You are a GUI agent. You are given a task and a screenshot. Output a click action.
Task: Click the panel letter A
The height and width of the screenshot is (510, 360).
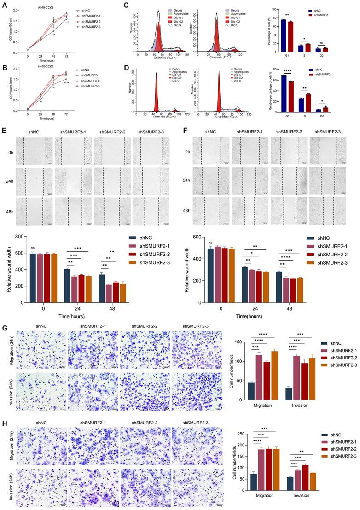(5, 6)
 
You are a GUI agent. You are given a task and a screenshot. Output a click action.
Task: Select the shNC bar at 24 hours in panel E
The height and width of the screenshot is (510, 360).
(67, 286)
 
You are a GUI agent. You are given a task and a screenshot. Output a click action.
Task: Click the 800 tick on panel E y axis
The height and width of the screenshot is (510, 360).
(19, 237)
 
